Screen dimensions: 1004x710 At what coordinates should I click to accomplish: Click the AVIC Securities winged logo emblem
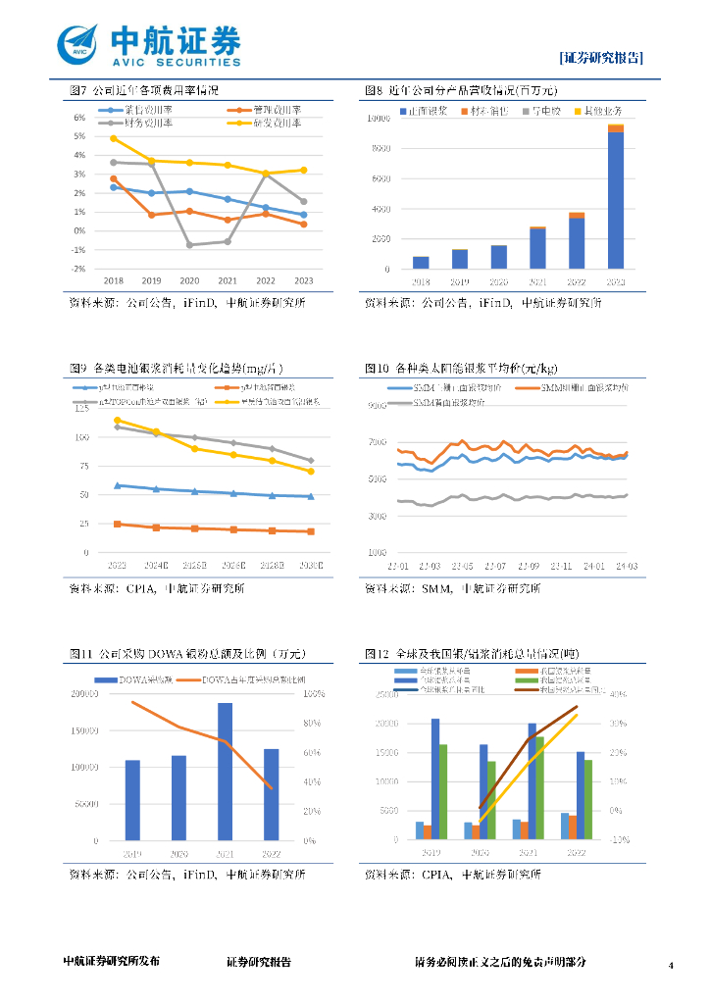[79, 42]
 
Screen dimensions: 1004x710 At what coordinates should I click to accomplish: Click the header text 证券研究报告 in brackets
[601, 57]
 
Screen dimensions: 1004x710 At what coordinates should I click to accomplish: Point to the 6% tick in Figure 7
[79, 118]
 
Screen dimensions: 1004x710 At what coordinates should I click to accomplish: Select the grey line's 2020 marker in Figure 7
[190, 244]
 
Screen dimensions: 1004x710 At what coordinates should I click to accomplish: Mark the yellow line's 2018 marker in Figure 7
[114, 138]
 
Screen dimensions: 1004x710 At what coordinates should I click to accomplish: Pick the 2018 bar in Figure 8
[421, 263]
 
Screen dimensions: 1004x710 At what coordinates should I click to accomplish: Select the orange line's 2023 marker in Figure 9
[118, 525]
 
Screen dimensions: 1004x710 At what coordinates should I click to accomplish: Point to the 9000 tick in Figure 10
[379, 405]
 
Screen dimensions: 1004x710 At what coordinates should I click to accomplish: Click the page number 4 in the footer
[671, 966]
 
